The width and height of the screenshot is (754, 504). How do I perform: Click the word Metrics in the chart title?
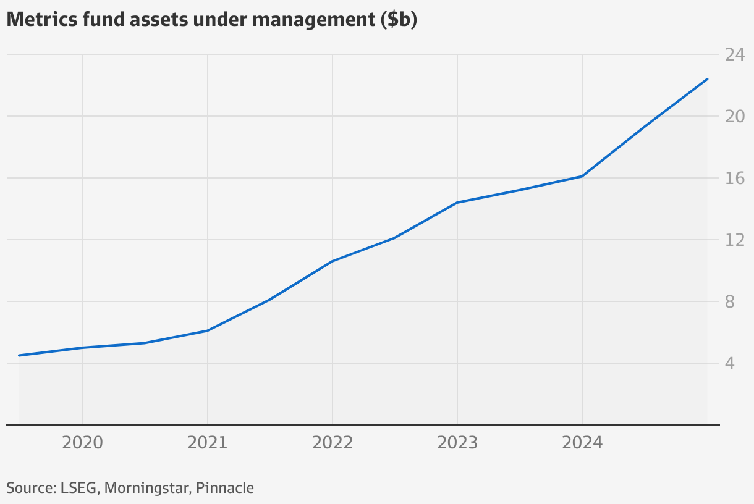[41, 20]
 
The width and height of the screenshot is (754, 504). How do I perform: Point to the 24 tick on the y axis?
[734, 55]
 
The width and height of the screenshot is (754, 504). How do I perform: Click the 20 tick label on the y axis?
[734, 117]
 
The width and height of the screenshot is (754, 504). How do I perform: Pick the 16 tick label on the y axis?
[734, 178]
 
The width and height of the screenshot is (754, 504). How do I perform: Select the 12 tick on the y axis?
[734, 240]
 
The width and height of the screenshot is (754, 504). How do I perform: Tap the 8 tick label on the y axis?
[730, 302]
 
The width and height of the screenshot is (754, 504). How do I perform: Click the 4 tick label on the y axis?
[730, 364]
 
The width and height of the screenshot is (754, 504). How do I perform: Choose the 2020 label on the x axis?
[82, 443]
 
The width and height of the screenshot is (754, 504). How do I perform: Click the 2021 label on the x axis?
[207, 443]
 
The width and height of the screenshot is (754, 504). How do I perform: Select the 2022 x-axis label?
[333, 443]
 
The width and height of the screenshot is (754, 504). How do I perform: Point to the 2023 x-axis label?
[457, 443]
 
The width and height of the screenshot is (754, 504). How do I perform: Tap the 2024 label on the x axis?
[582, 443]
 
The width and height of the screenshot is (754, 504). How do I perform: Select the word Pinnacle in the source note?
[225, 488]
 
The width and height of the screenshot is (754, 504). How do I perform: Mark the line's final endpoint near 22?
[707, 79]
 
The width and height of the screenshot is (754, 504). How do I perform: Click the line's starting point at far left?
[19, 355]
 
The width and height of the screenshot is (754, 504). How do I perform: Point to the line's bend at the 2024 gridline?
[582, 176]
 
